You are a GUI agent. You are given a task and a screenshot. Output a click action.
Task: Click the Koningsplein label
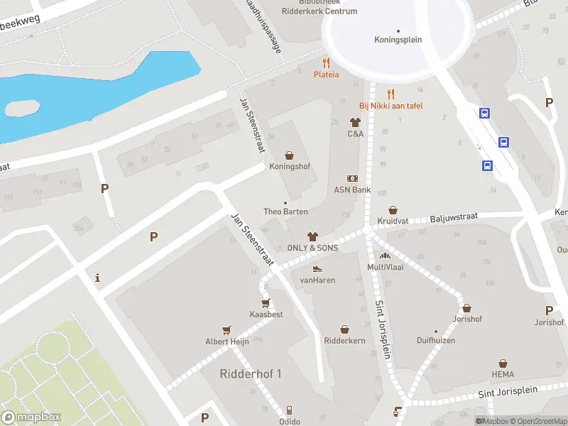click(398, 40)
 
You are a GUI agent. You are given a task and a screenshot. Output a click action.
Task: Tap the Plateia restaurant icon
click(327, 62)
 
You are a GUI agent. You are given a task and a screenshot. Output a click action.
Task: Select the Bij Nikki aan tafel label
click(390, 106)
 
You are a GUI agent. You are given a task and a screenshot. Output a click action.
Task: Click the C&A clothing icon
click(356, 122)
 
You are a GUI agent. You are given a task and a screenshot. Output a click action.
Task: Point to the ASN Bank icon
click(352, 178)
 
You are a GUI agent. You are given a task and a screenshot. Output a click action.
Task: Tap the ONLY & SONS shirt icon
click(312, 236)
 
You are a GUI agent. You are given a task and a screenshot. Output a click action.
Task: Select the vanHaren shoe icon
click(317, 268)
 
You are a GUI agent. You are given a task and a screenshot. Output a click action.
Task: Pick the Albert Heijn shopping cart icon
click(227, 329)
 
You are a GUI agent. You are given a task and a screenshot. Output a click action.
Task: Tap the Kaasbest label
click(266, 314)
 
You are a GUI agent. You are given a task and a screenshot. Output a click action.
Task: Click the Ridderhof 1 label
click(251, 374)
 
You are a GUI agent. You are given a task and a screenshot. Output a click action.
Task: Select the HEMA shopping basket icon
click(503, 363)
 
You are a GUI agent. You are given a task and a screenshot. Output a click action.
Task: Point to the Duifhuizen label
click(436, 341)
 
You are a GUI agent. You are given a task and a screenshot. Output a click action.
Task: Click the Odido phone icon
click(289, 410)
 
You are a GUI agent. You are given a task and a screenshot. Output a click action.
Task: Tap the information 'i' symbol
click(97, 278)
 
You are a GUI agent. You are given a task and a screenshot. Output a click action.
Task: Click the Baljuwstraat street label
click(454, 217)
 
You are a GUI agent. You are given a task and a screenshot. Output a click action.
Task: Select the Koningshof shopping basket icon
click(290, 155)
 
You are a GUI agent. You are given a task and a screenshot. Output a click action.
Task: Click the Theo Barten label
click(285, 212)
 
